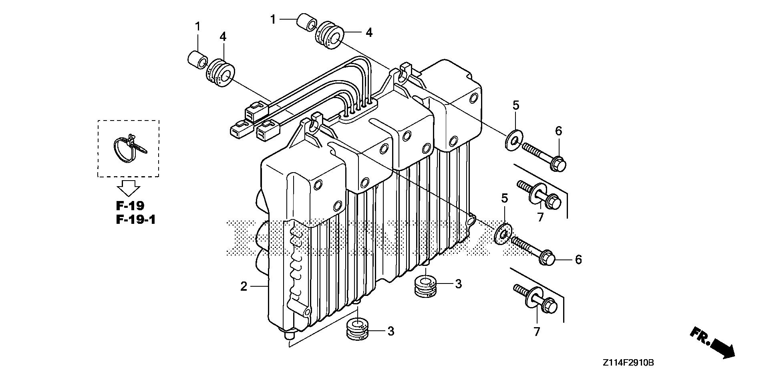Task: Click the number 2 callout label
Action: [244, 287]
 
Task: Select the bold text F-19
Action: [130, 206]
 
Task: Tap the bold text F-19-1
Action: [136, 219]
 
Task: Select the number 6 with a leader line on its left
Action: [578, 260]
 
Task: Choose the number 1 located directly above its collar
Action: [197, 27]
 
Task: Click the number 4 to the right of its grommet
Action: [369, 32]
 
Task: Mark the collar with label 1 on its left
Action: [306, 23]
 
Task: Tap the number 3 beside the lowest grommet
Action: [391, 331]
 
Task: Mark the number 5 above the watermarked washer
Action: [504, 198]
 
